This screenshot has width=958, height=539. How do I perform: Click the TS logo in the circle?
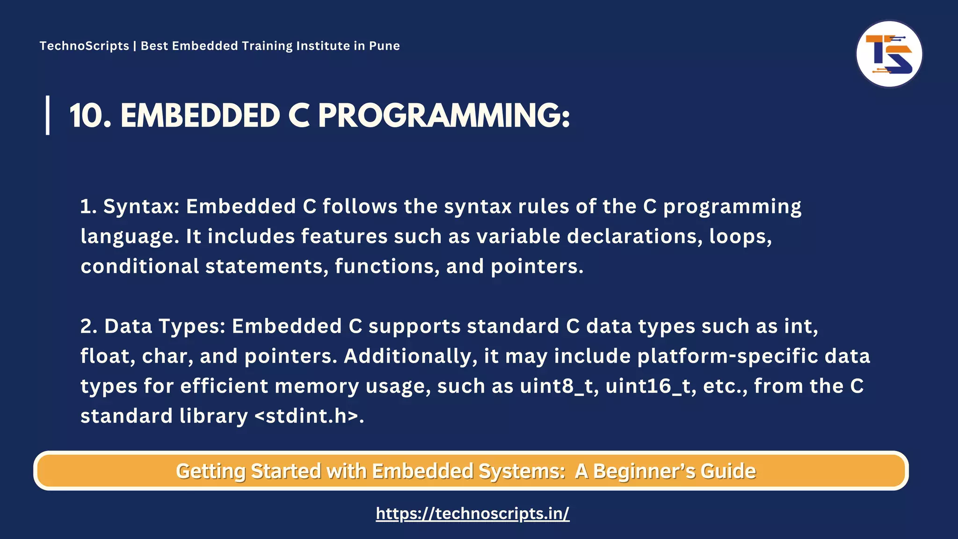pos(889,54)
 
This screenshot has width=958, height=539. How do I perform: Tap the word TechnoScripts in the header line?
pos(84,46)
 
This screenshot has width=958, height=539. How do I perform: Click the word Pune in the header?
pos(384,46)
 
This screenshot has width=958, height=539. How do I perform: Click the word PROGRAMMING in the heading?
pos(444,116)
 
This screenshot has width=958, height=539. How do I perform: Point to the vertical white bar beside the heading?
pos(48,115)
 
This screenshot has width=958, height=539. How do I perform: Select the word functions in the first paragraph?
pos(387,266)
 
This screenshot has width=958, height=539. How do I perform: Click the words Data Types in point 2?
pos(165,326)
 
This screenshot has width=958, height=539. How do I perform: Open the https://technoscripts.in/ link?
pos(472,513)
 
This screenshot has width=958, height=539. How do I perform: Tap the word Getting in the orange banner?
pos(210,471)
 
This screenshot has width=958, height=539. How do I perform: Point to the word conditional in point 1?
pos(140,266)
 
